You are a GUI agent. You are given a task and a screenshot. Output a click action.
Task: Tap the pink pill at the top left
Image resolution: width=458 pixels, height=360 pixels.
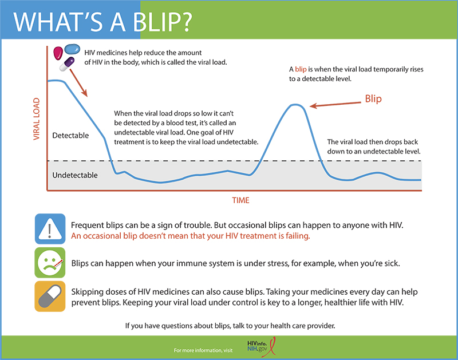[x=58, y=53]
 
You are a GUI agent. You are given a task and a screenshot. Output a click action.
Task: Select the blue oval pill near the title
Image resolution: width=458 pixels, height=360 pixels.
[x=73, y=49]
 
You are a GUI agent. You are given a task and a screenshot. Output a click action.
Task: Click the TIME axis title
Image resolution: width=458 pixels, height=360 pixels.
[x=240, y=200]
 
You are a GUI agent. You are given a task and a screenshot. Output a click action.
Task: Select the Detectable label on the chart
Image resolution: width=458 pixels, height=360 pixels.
[x=70, y=136]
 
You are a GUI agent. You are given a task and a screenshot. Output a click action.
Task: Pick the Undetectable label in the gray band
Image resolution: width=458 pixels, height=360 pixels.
[x=74, y=175]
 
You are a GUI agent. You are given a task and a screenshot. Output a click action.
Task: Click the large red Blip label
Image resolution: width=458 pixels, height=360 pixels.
[x=373, y=98]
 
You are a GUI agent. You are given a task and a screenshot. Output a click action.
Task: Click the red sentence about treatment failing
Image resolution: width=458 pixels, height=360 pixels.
[x=191, y=236]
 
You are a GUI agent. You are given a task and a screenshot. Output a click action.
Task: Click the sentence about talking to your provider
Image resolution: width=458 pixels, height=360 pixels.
[x=230, y=326]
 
